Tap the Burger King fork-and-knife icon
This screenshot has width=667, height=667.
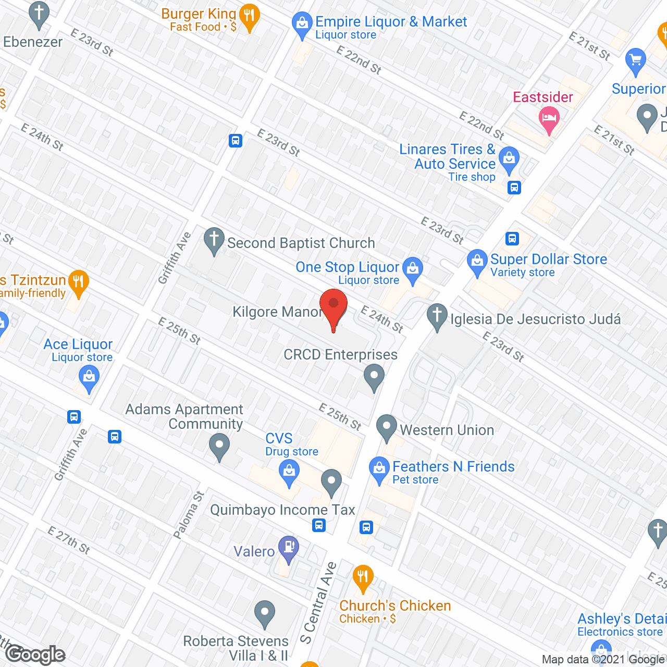[250, 17]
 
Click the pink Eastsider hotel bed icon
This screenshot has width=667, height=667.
[549, 118]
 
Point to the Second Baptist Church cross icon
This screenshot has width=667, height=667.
[214, 240]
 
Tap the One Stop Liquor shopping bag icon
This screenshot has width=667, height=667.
[413, 269]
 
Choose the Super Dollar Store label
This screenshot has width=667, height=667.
[548, 260]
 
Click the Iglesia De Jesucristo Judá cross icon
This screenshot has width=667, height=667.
[437, 316]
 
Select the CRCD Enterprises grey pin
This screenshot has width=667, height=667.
[374, 376]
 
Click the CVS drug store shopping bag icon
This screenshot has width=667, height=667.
[289, 473]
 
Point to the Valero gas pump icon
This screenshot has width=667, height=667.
[288, 548]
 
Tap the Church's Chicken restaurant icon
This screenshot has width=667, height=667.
[363, 577]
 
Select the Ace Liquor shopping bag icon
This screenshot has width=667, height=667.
[89, 377]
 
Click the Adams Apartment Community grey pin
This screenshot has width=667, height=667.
[219, 447]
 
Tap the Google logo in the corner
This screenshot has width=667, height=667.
[35, 654]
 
